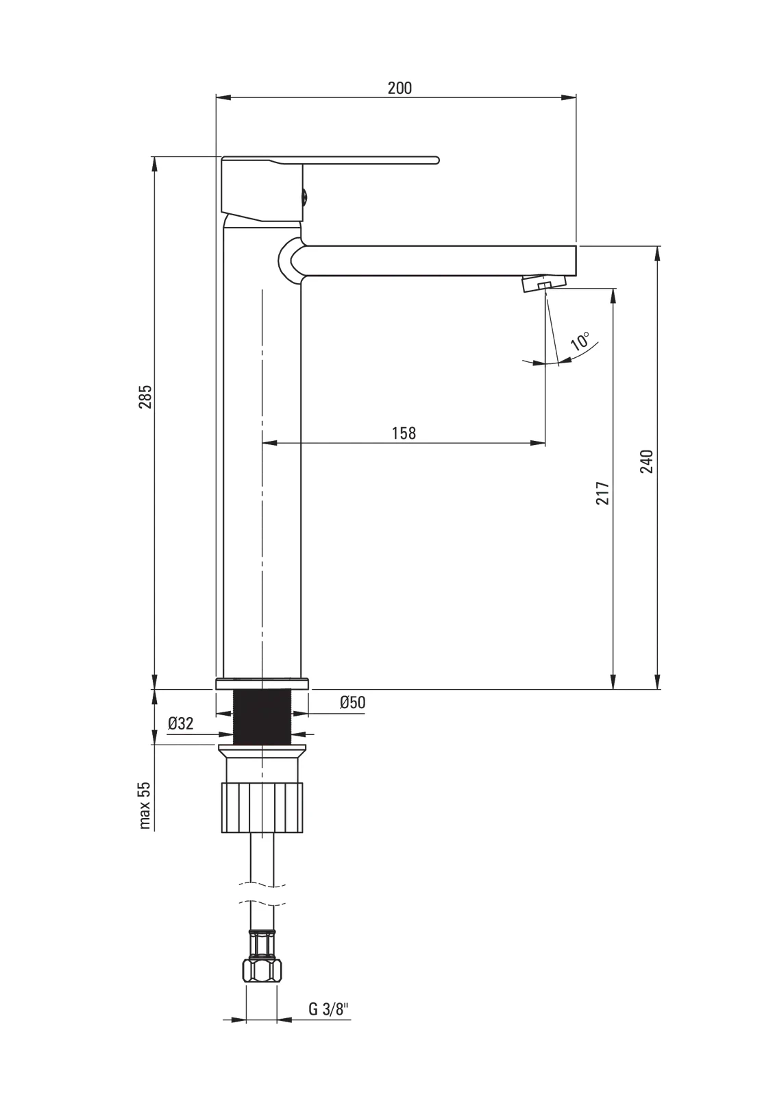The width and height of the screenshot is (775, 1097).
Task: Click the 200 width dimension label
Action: pyautogui.click(x=399, y=88)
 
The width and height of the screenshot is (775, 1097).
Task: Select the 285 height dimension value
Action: pyautogui.click(x=145, y=397)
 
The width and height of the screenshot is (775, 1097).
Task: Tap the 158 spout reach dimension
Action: pyautogui.click(x=404, y=433)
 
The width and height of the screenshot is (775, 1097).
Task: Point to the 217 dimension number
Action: pyautogui.click(x=602, y=493)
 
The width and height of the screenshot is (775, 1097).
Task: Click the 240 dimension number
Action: pyautogui.click(x=646, y=461)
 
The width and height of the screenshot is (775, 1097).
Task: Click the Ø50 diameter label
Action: pyautogui.click(x=352, y=702)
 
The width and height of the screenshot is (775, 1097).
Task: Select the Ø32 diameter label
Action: pyautogui.click(x=181, y=723)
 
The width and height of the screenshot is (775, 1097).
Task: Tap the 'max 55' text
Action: pyautogui.click(x=145, y=805)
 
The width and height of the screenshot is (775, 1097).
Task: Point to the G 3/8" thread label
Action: pyautogui.click(x=328, y=1009)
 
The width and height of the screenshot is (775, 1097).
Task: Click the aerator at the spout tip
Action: pyautogui.click(x=544, y=283)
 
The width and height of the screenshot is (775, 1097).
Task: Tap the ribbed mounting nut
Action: pyautogui.click(x=262, y=808)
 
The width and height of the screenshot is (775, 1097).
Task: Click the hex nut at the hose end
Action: pyautogui.click(x=261, y=969)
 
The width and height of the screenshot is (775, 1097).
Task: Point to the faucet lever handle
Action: pyautogui.click(x=329, y=160)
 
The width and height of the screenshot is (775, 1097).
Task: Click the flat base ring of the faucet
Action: pyautogui.click(x=262, y=684)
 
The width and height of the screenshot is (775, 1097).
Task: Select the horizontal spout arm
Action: pyautogui.click(x=439, y=260)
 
